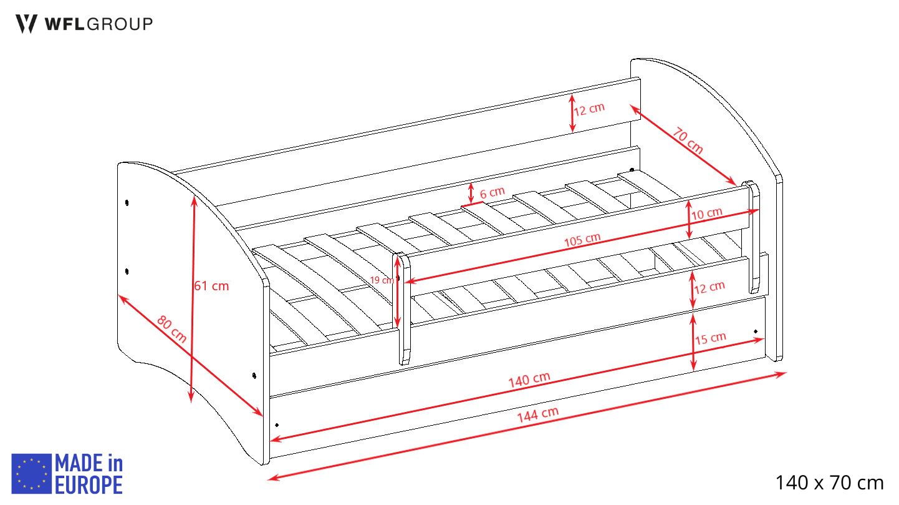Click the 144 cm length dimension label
pyautogui.click(x=538, y=414)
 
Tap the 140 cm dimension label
pyautogui.click(x=529, y=380)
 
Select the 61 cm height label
pyautogui.click(x=211, y=286)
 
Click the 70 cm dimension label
pyautogui.click(x=688, y=140)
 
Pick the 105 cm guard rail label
pyautogui.click(x=582, y=240)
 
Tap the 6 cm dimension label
pyautogui.click(x=492, y=192)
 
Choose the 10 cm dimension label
pyautogui.click(x=707, y=213)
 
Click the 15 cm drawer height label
pyautogui.click(x=710, y=338)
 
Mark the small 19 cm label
pyautogui.click(x=382, y=280)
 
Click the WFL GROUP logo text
pyautogui.click(x=99, y=24)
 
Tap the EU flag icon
pyautogui.click(x=31, y=474)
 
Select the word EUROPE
pyautogui.click(x=89, y=484)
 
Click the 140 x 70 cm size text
pyautogui.click(x=830, y=483)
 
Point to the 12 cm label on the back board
pyautogui.click(x=589, y=109)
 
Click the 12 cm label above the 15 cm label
pyautogui.click(x=709, y=287)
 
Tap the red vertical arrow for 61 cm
pyautogui.click(x=193, y=299)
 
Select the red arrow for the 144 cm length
pyautogui.click(x=527, y=426)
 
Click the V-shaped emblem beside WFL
pyautogui.click(x=26, y=24)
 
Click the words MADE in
pyautogui.click(x=89, y=463)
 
